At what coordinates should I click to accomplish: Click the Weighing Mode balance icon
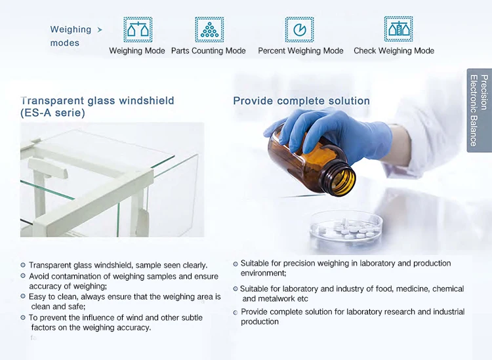(138, 30)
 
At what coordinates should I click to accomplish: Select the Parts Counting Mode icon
(209, 30)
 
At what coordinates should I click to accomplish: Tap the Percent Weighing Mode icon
(299, 30)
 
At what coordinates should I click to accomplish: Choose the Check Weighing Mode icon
(398, 29)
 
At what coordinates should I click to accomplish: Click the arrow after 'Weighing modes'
(100, 30)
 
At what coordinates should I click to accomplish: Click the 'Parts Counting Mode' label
(209, 50)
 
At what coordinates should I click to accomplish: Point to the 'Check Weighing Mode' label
(394, 50)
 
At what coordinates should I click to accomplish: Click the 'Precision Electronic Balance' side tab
(479, 110)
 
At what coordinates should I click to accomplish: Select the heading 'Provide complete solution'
(301, 101)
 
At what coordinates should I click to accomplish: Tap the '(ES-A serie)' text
(52, 113)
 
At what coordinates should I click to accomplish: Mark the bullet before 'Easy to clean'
(23, 296)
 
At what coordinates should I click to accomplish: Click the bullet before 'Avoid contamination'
(23, 275)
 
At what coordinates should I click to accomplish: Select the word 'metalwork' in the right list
(277, 298)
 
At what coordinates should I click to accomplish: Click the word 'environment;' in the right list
(264, 273)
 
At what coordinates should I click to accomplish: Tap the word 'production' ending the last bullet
(260, 322)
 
